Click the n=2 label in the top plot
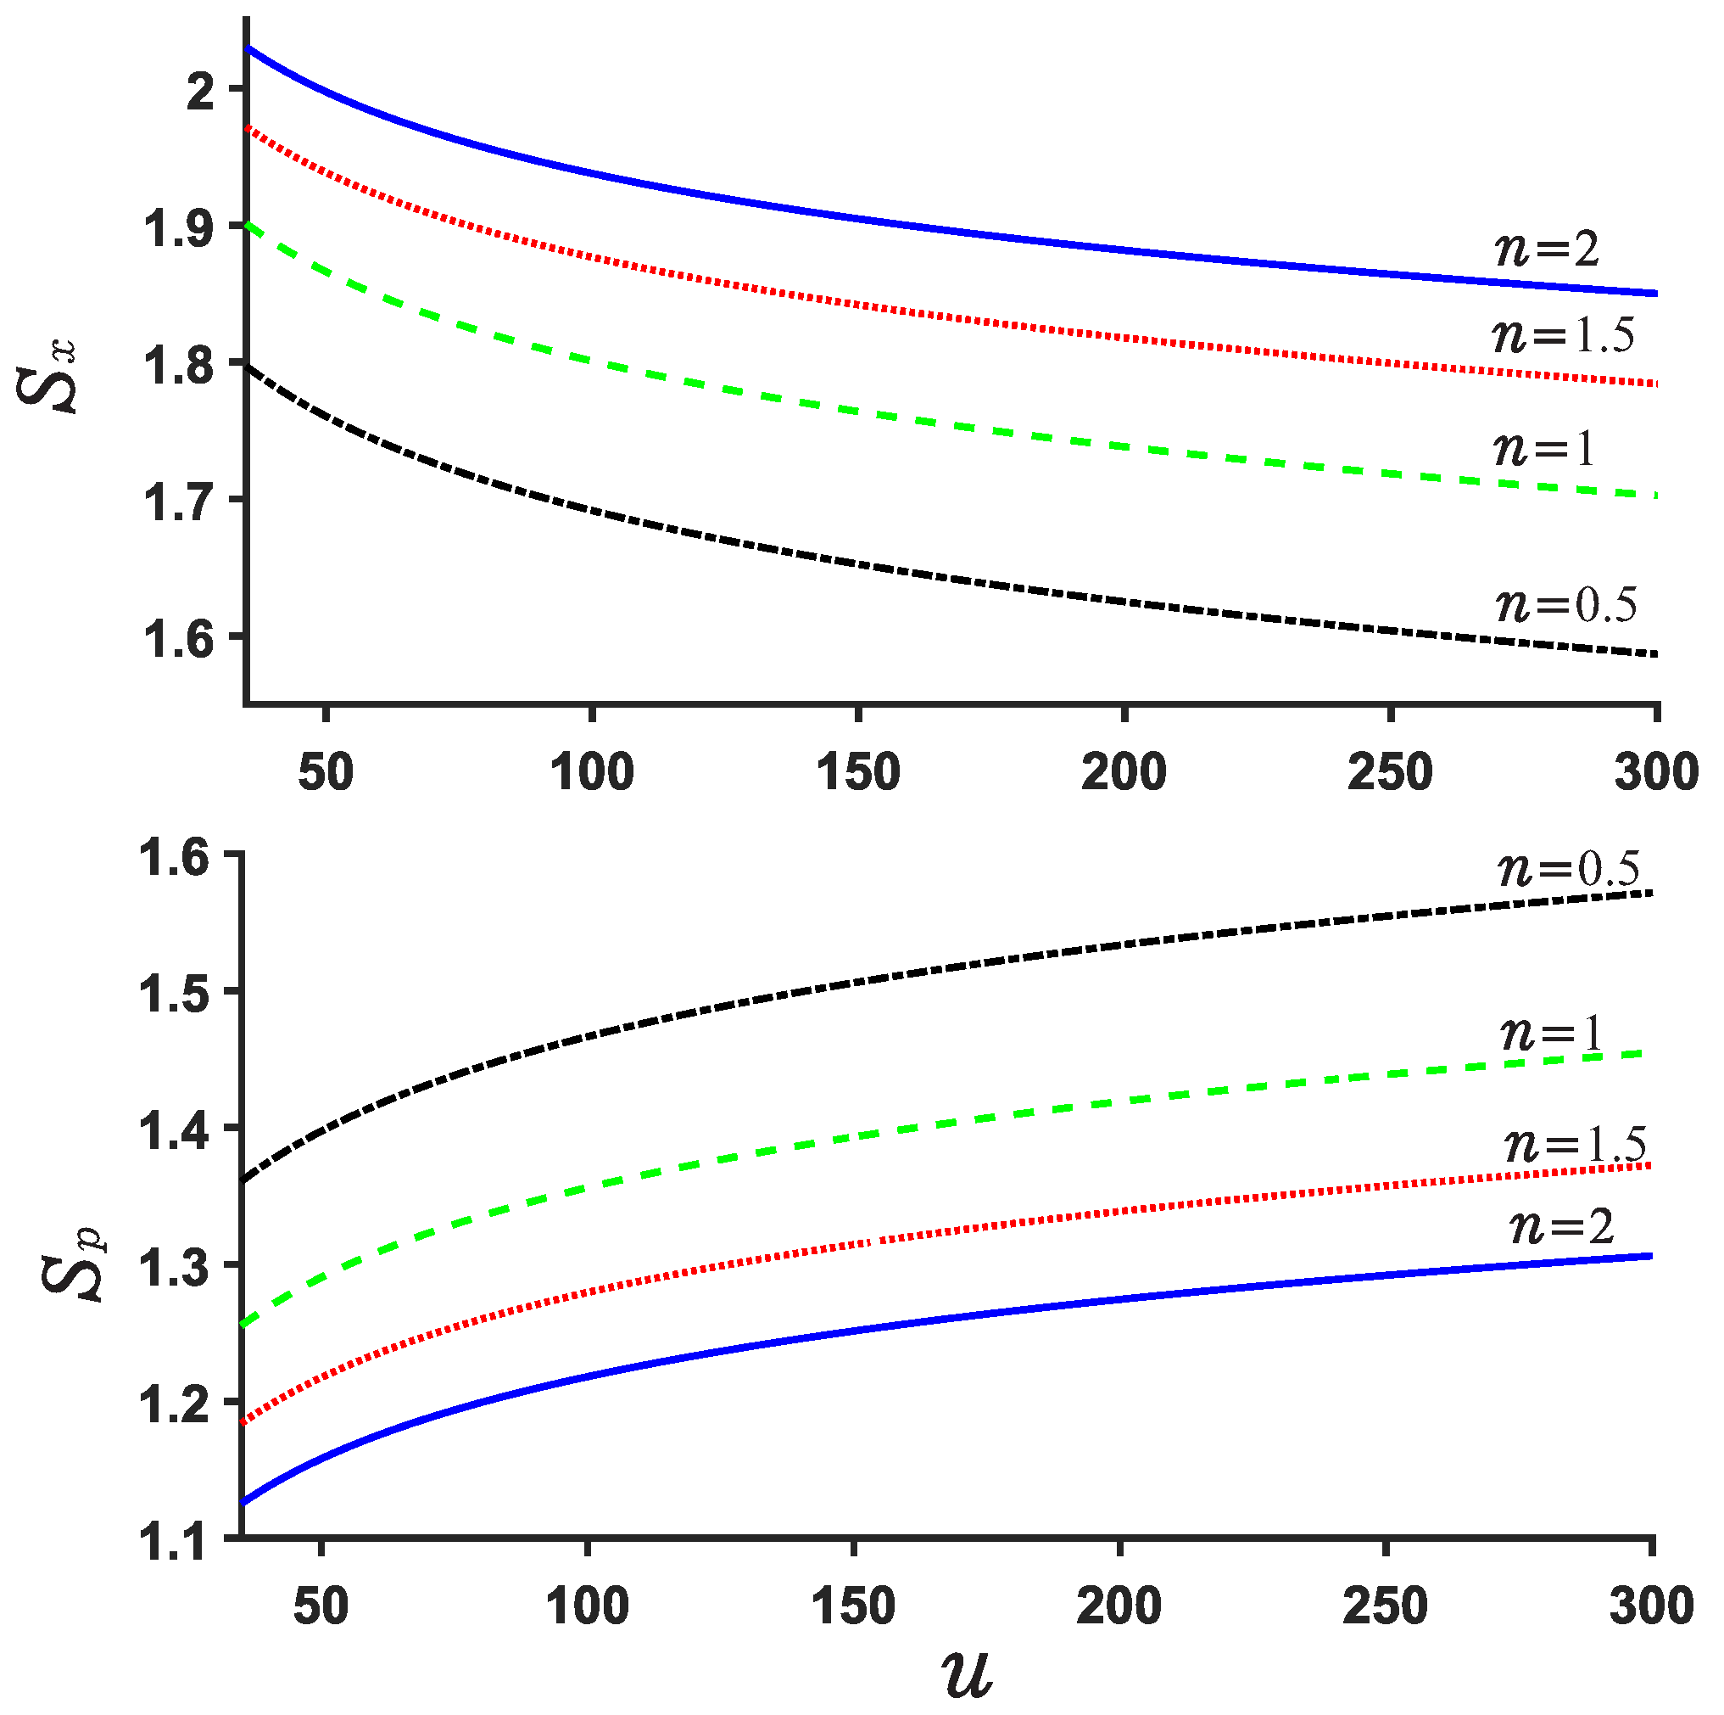[x=1548, y=249]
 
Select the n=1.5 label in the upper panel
[x=1563, y=336]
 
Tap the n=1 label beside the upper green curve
[x=1543, y=447]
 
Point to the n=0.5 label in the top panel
[x=1566, y=605]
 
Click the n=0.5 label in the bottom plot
[x=1569, y=869]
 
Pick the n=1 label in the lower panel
[x=1552, y=1034]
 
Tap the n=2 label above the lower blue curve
[x=1561, y=1228]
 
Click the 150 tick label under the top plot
[x=858, y=771]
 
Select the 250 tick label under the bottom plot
[x=1386, y=1606]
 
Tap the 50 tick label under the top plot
[x=326, y=771]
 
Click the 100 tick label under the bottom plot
[x=587, y=1606]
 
